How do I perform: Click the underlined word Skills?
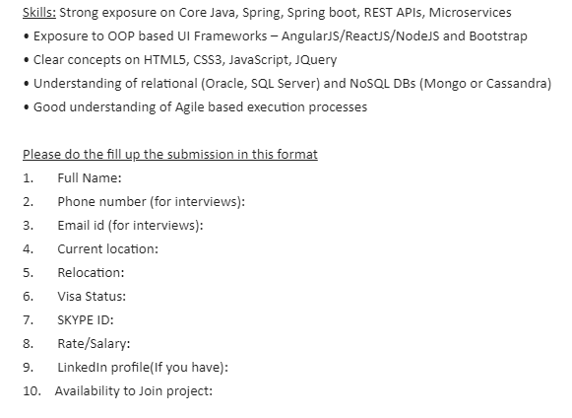point(39,13)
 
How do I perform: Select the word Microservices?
point(470,13)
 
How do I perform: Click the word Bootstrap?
point(498,36)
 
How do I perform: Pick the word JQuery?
point(316,60)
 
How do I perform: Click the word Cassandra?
point(519,84)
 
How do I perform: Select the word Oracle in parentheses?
point(226,84)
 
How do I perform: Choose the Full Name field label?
point(90,177)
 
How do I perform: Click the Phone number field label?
point(101,201)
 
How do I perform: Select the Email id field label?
point(81,225)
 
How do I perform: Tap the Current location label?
point(108,248)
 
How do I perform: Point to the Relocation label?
point(91,272)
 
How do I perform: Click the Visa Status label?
point(92,296)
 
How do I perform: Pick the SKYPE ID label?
point(86,319)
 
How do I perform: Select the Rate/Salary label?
point(94,343)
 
